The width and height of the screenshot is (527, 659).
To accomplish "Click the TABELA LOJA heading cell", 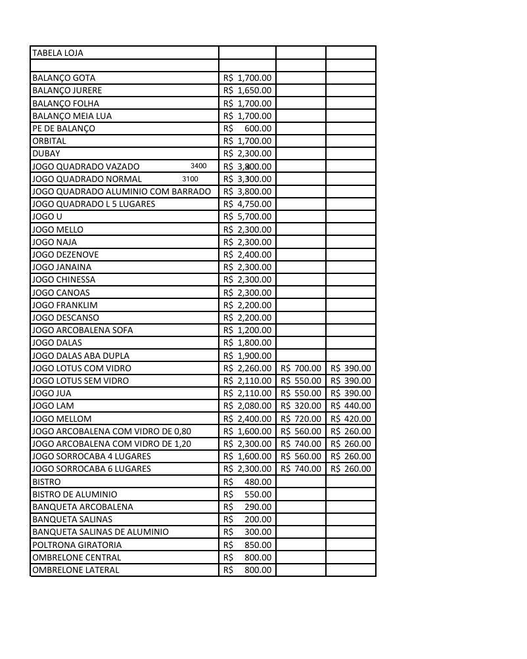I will pos(58,53).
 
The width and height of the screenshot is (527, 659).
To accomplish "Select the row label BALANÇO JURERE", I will pos(67,90).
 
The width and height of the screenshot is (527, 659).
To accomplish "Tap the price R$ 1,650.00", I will pos(247,90).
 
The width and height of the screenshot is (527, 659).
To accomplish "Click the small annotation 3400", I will pos(198,166).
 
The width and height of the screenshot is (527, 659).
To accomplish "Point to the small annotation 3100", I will pos(190,179).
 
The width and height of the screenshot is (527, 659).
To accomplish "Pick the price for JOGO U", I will pos(247,216).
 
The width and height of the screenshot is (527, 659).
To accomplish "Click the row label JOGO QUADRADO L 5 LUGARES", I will pos(94,204).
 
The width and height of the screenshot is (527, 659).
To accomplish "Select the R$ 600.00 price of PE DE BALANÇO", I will pos(247,128).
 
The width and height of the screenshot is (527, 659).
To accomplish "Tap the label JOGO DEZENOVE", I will pos(66,254).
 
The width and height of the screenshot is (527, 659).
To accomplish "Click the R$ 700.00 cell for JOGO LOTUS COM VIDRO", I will pos(301,368).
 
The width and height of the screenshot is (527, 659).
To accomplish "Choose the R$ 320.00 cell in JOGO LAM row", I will pos(301,406).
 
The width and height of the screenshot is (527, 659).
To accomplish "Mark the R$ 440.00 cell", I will pos(351,406).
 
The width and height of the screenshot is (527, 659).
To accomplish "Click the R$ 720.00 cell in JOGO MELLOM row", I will pos(301,419).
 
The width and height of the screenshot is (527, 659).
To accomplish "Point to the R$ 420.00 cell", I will pos(351,419).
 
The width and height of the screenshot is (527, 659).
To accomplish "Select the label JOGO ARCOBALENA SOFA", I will pos(82,330).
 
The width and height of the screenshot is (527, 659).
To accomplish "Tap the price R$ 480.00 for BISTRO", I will pos(247,482).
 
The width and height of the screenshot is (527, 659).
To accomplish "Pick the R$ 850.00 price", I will pos(247,545).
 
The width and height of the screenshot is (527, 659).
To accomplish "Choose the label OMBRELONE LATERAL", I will pos(76,570).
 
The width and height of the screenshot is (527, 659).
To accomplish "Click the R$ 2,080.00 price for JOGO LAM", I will pos(247,406).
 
